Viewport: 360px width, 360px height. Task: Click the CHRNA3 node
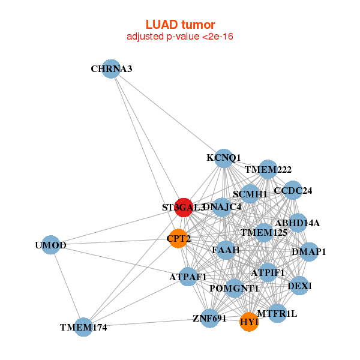coord(110,69)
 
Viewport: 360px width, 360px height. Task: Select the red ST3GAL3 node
coord(184,207)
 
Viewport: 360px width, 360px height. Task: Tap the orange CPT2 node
coord(178,239)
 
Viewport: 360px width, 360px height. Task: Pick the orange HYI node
coord(249,322)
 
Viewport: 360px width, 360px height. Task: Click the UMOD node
coord(51,245)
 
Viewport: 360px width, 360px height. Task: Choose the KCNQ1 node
coord(223,158)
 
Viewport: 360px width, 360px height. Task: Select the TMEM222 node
coord(268,170)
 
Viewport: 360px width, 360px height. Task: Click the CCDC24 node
coord(292,191)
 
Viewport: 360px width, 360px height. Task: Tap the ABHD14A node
coord(298,223)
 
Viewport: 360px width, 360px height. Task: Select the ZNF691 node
coord(209,318)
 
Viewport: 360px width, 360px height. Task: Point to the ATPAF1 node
coord(188,277)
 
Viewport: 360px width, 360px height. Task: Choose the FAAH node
coord(226,250)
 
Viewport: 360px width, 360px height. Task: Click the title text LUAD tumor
coord(180,25)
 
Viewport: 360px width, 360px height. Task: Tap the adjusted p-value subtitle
coord(180,37)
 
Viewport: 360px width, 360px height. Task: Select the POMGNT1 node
coord(235,289)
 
